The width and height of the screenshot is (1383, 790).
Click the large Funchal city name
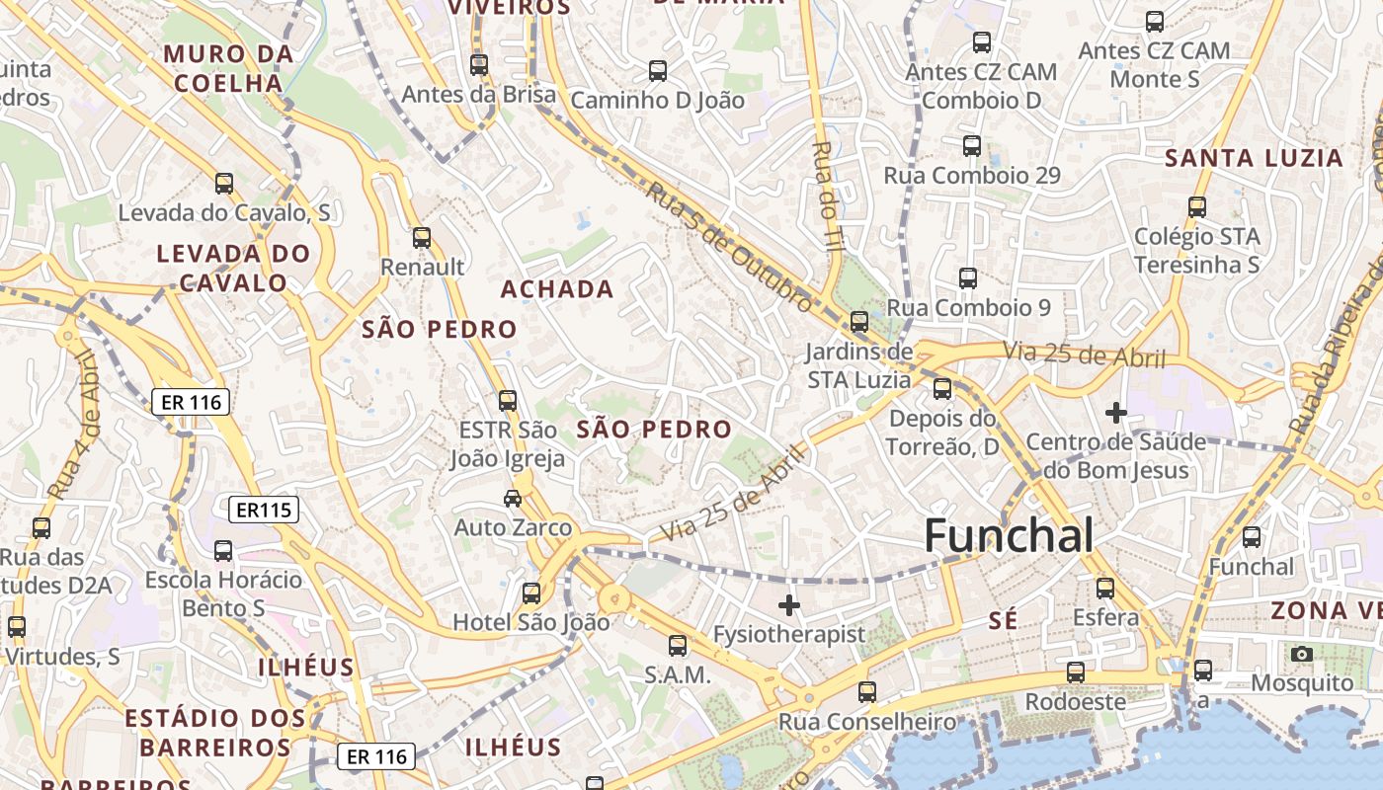pos(1009,536)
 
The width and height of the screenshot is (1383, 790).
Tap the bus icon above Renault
pos(422,238)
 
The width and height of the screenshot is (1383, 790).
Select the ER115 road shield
pos(263,510)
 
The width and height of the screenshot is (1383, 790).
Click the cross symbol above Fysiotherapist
pos(789,605)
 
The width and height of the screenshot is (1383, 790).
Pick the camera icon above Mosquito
pos(1302,654)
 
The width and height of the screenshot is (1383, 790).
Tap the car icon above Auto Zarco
pos(513,498)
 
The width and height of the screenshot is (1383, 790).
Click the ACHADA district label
pos(557,289)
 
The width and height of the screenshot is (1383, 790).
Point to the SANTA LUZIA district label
pos(1254,158)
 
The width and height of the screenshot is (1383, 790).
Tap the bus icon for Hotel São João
pos(531,593)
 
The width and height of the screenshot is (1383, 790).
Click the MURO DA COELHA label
pos(229,68)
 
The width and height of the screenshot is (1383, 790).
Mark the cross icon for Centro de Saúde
pos(1116,412)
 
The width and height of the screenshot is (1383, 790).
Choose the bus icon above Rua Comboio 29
pos(972,146)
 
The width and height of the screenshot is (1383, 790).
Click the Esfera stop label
pos(1105,618)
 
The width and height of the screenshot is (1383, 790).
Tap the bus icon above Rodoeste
pos(1076,672)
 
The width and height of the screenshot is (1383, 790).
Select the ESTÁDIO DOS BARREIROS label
pos(215,732)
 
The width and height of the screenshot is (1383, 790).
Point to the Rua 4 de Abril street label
pos(75,425)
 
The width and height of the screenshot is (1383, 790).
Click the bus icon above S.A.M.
pos(678,646)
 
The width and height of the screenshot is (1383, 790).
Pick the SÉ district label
pos(1003,620)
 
